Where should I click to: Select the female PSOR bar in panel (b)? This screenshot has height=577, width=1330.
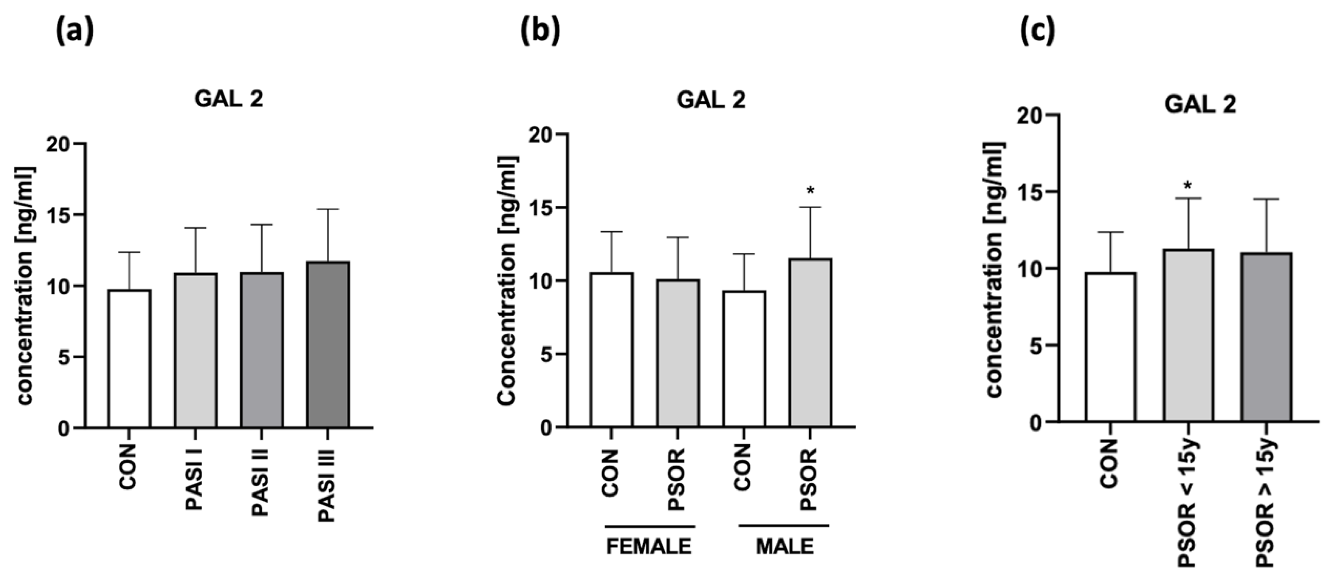[x=678, y=354]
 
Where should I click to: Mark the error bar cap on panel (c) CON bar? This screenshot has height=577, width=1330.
[x=1110, y=232]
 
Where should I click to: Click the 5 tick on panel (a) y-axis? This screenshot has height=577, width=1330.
[x=64, y=357]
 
